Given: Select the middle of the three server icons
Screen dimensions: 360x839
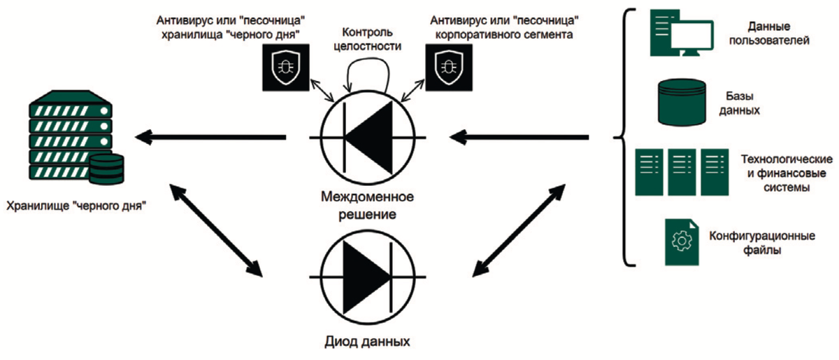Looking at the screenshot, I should (683, 171).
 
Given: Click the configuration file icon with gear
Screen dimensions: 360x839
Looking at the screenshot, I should (681, 241).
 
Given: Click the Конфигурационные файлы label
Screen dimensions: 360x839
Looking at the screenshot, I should (761, 242).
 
